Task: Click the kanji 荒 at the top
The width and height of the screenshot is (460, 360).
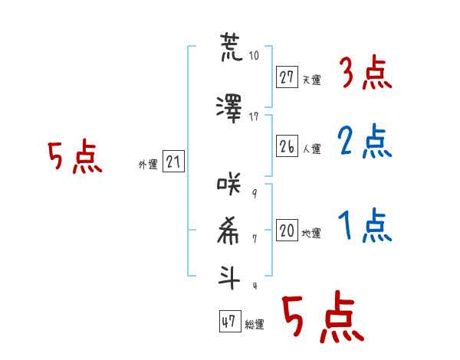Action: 232,47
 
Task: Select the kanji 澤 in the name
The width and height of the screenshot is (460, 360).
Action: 229,109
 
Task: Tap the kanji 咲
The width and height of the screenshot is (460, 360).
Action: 228,184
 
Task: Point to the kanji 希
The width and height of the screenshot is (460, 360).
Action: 228,231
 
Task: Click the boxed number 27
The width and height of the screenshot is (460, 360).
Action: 287,77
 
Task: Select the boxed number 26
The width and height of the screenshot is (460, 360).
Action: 287,146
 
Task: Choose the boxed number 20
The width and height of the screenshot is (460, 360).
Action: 287,230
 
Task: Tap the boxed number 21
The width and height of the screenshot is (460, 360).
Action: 173,162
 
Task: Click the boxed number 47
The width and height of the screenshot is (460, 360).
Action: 230,321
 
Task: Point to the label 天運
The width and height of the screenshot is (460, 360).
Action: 312,80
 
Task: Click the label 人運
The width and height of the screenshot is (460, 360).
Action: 312,149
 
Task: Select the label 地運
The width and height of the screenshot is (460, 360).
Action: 311,234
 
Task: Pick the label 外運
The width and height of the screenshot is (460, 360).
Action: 148,165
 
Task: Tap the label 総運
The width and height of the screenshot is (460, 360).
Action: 255,325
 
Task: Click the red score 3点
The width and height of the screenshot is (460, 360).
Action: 366,73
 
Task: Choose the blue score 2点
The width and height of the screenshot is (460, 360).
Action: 365,141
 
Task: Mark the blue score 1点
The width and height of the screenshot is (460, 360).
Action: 365,225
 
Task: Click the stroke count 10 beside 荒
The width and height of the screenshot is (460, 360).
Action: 254,55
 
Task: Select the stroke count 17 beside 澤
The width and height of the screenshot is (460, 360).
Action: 254,117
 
